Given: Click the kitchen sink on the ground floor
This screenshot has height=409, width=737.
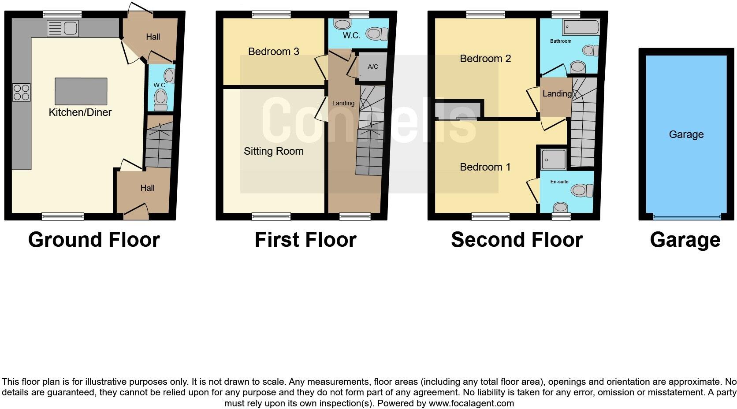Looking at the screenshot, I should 63,29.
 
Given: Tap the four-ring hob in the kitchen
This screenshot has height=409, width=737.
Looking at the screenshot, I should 21,93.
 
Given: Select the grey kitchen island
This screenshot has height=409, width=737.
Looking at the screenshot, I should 81,91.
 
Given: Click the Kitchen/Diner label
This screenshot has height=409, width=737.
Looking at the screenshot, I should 80,112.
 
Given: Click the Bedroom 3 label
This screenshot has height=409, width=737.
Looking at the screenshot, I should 273,52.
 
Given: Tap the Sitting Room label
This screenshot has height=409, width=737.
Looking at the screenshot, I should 273,151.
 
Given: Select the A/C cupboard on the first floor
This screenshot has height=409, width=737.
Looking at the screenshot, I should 372,67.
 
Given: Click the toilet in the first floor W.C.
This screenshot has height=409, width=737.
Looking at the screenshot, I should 377,33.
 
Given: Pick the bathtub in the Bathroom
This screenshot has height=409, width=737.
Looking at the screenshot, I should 581,27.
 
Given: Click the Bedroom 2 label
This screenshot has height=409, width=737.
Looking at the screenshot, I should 485,59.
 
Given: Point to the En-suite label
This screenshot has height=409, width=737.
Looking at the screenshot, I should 559,182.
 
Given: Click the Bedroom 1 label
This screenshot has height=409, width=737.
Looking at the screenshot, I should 485,167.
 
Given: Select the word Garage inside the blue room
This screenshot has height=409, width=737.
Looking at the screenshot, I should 686,134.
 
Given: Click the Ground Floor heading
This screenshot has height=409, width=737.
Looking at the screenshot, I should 94,240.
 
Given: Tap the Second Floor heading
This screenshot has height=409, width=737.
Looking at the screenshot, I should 517,240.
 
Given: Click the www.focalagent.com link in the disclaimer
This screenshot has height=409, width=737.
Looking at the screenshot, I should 471,403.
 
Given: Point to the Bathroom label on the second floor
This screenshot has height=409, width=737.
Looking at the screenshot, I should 560,41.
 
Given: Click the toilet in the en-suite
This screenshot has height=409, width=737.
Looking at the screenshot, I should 581,190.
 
